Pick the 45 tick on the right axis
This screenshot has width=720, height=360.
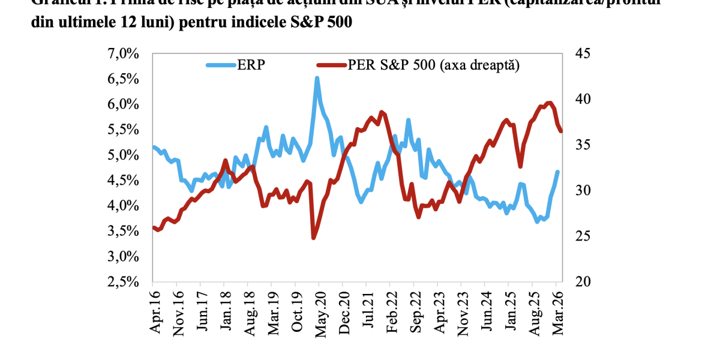click(582, 54)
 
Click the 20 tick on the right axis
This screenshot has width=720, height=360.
click(582, 282)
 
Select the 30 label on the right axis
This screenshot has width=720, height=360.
click(582, 191)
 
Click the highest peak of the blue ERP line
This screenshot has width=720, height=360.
click(317, 77)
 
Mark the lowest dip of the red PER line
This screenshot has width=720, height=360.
click(313, 238)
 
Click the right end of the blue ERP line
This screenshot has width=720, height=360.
click(558, 172)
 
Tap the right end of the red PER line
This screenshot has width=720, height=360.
click(561, 131)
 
